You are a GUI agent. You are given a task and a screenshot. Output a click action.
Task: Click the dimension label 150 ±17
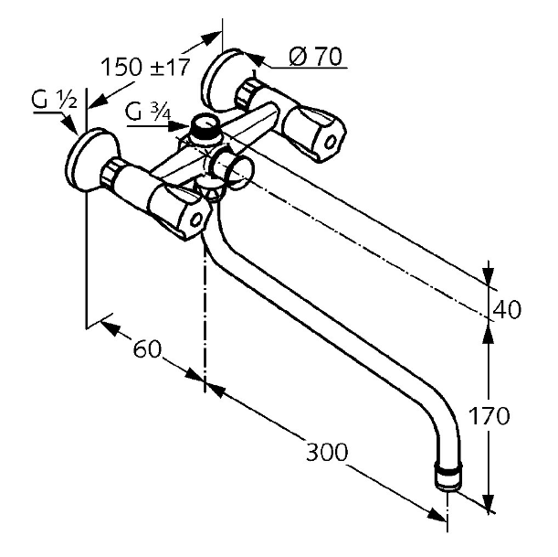pyautogui.click(x=145, y=67)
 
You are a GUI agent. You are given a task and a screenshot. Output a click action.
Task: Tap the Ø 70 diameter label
pyautogui.click(x=315, y=56)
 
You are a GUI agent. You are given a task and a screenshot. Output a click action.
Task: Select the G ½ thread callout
pyautogui.click(x=54, y=100)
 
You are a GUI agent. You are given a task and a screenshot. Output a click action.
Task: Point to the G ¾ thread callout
pyautogui.click(x=148, y=112)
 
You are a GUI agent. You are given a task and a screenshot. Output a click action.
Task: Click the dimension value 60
pyautogui.click(x=147, y=349)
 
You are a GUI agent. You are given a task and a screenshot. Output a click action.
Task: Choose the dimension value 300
pyautogui.click(x=327, y=452)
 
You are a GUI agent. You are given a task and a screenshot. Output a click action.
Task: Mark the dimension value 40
pyautogui.click(x=507, y=309)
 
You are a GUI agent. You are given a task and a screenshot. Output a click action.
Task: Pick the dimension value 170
pyautogui.click(x=489, y=415)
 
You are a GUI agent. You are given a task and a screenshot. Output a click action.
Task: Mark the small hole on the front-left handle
pyautogui.click(x=195, y=220)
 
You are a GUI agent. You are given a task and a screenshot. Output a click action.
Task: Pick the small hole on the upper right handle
pyautogui.click(x=331, y=142)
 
